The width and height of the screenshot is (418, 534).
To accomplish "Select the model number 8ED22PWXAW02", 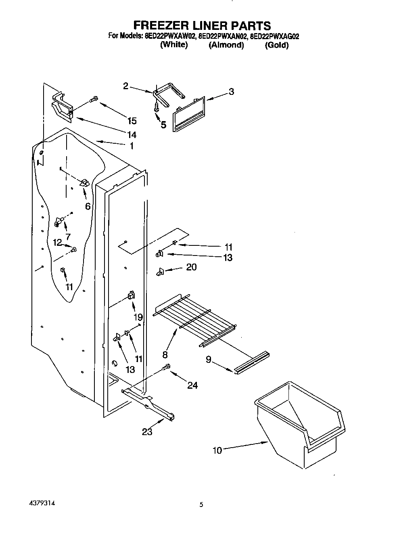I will coord(170,36).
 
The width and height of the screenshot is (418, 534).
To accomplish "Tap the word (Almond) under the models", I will coord(226,45).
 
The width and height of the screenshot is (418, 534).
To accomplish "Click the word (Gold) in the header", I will coord(276,45).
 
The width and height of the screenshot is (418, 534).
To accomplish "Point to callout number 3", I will coord(231,92).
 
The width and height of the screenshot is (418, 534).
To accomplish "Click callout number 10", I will coord(217,450).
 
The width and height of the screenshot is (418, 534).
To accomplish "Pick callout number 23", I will coord(147,432).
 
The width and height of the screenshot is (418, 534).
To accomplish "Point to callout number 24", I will coord(192,385).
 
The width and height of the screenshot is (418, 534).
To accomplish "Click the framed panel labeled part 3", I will coord(189,114).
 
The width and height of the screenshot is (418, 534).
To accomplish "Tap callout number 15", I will coord(132,121).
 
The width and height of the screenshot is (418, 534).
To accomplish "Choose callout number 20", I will coord(191,267).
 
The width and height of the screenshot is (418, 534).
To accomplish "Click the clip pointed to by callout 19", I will coord(131,295).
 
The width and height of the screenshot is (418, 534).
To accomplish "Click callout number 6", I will coord(88,206).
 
